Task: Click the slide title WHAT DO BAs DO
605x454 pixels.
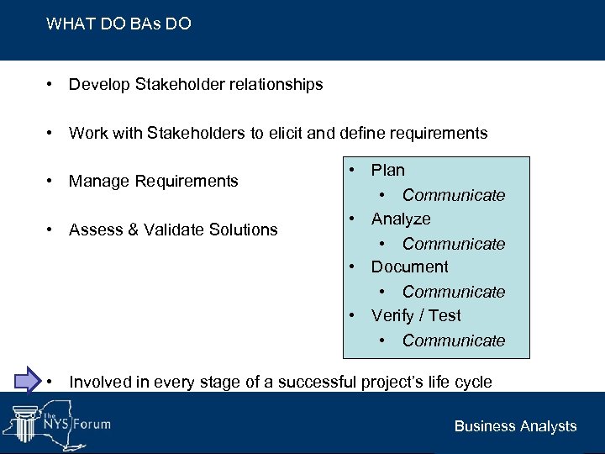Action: click(118, 24)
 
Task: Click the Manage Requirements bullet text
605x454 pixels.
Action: click(153, 181)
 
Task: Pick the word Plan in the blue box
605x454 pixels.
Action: click(387, 170)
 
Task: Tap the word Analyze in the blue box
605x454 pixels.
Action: click(401, 219)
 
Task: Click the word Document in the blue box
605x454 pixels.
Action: click(409, 267)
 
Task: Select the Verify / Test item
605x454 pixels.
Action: click(416, 315)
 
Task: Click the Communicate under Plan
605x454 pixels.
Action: click(453, 195)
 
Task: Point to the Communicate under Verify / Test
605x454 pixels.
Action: click(453, 340)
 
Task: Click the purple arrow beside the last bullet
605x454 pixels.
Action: click(28, 380)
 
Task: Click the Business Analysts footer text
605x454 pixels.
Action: click(515, 426)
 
